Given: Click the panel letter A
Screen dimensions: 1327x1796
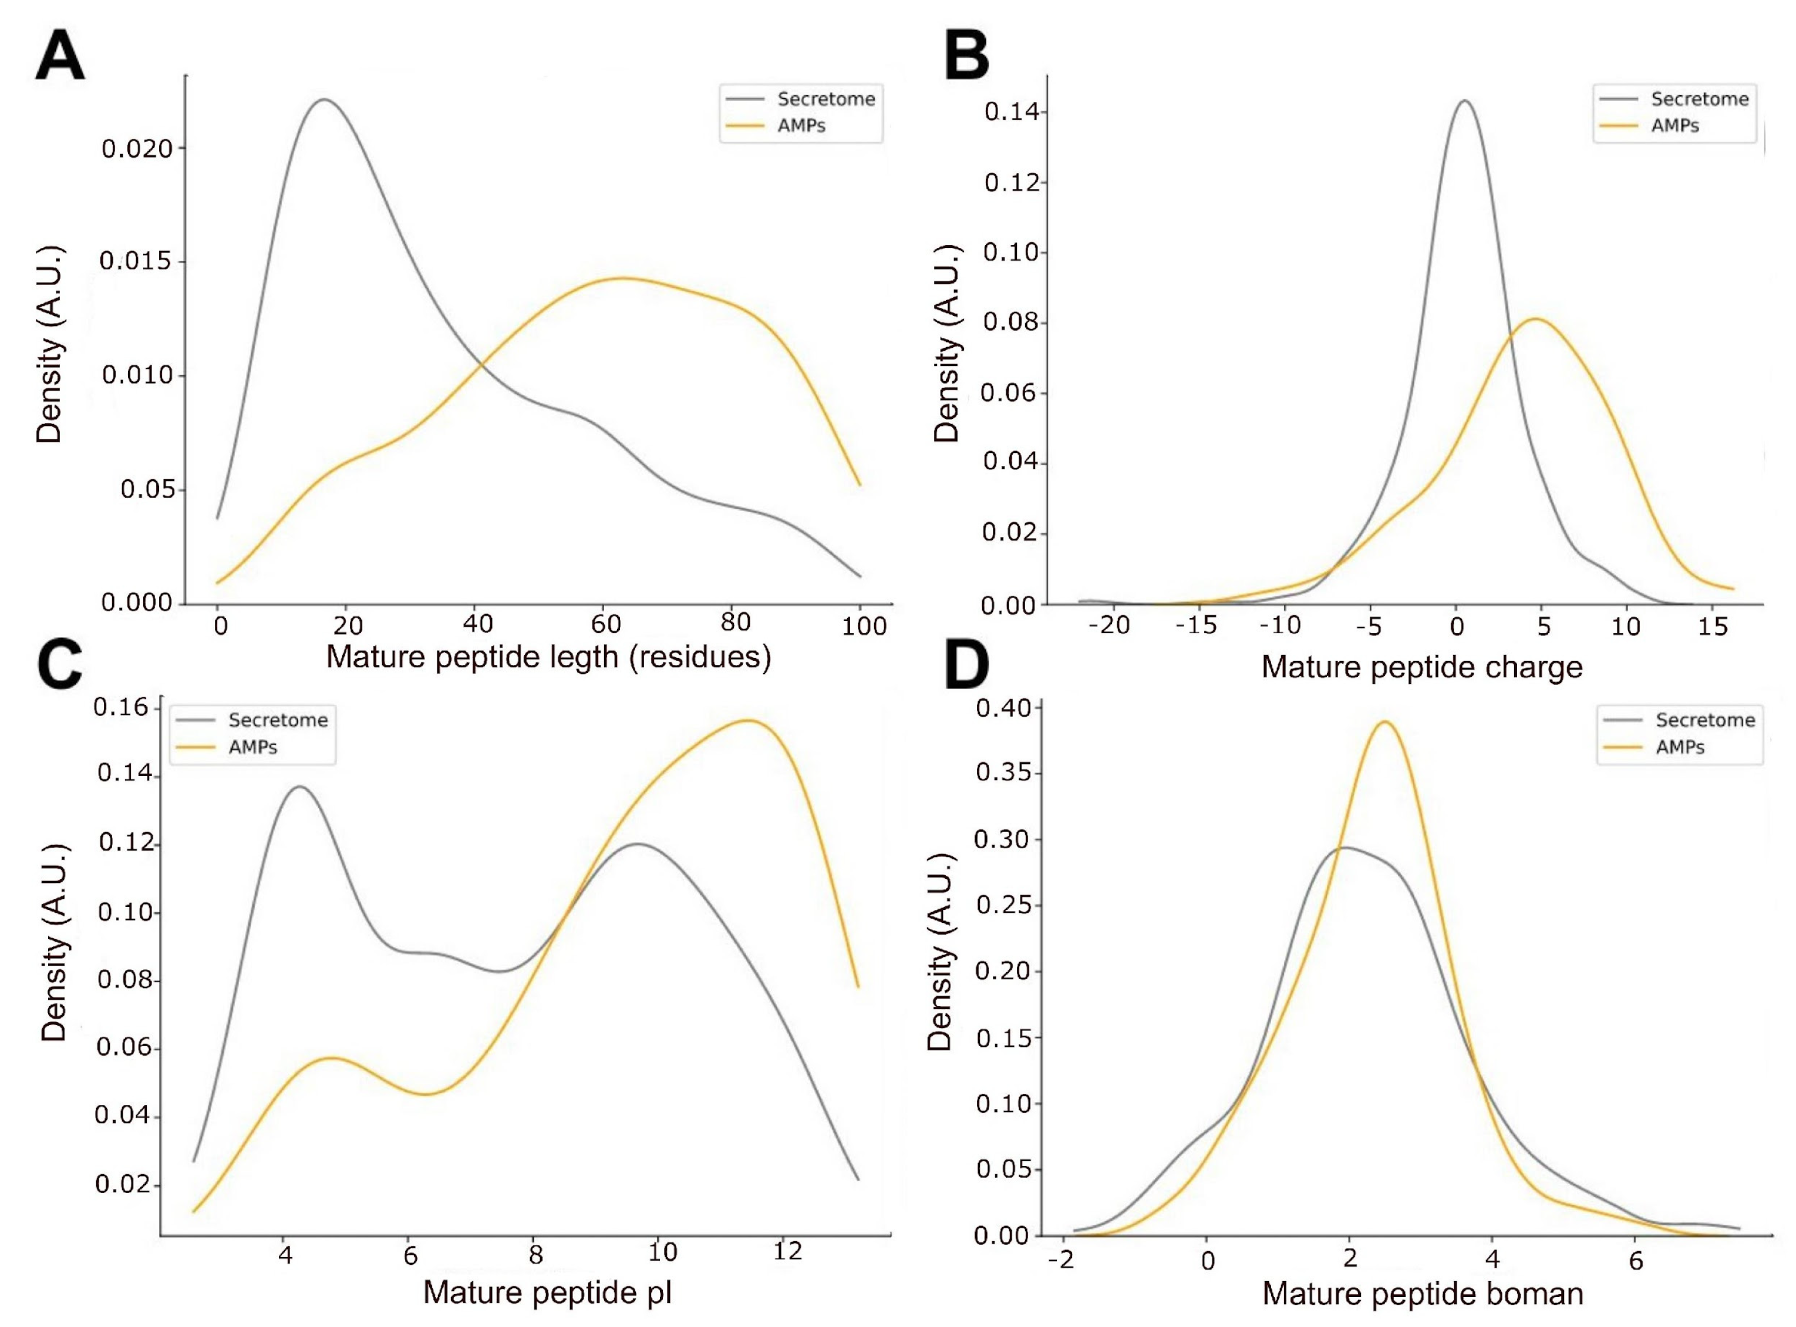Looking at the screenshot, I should coord(60,55).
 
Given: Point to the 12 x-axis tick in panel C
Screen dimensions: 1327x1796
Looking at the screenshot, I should coord(787,1251).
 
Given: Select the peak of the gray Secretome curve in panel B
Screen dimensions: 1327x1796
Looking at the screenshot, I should coord(1464,101).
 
